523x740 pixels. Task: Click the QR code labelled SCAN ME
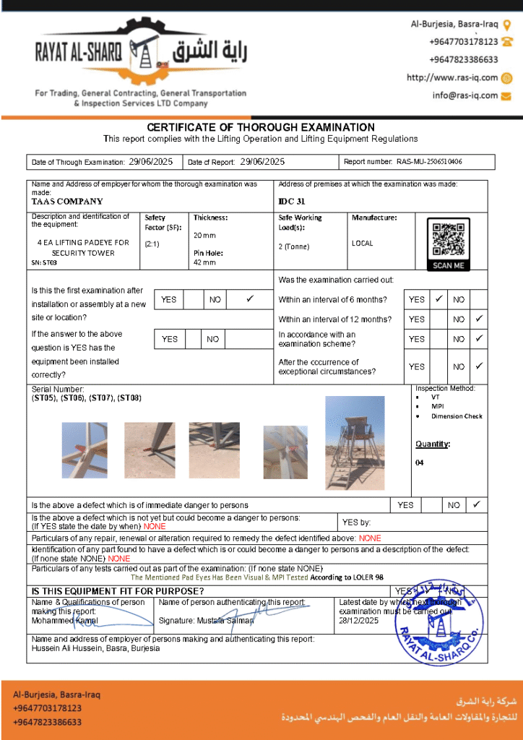[448, 240]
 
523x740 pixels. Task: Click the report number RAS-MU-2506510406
[429, 162]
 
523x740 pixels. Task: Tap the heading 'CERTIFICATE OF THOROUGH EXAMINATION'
[261, 127]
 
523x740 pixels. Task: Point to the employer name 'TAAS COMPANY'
[68, 202]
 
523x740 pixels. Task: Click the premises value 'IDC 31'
[292, 202]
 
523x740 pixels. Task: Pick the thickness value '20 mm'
[204, 236]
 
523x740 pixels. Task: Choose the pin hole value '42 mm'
[204, 262]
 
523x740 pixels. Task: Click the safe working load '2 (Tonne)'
[294, 246]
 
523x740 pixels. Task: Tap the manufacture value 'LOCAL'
[363, 244]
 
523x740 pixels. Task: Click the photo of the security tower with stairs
[354, 443]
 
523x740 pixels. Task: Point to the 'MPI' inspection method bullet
[438, 406]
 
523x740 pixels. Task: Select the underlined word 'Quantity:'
[432, 444]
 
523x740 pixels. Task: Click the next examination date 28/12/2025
[359, 621]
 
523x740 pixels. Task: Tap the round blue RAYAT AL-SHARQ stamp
[438, 619]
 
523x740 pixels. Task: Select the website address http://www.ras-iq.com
[452, 78]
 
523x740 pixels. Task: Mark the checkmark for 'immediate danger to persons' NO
[477, 504]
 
